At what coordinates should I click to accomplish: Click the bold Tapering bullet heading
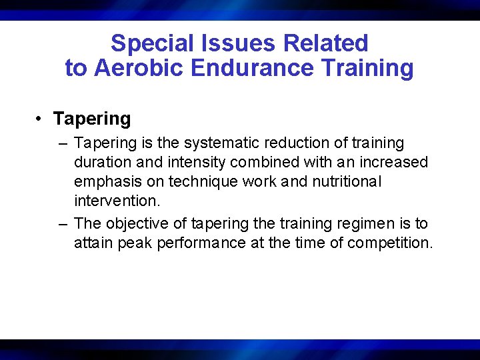coord(92,119)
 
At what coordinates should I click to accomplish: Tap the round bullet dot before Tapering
coord(41,119)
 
